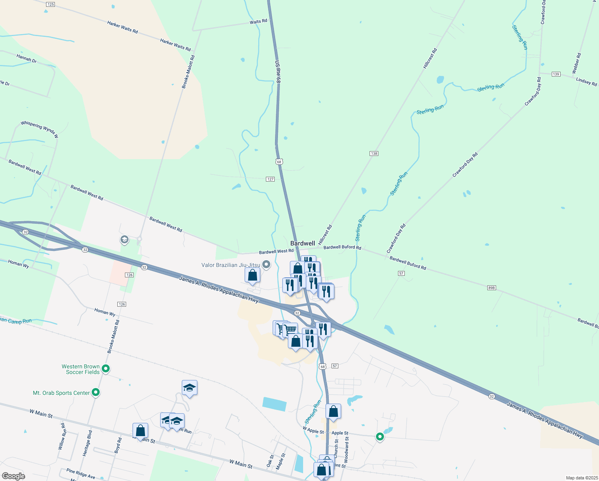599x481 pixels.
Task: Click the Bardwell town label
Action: click(x=302, y=243)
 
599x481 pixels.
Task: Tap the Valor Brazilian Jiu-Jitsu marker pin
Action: click(x=266, y=265)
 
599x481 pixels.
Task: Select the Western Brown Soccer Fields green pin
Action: click(x=106, y=369)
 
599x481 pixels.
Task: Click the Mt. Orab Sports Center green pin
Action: click(x=96, y=392)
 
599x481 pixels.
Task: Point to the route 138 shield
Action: click(x=374, y=154)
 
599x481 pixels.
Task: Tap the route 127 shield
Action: click(x=270, y=179)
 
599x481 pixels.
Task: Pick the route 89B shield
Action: click(x=492, y=288)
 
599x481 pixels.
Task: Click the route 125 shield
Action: click(x=50, y=4)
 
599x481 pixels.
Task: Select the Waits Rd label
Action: click(x=258, y=22)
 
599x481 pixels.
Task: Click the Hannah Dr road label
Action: click(x=26, y=59)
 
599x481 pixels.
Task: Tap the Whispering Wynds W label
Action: click(x=39, y=129)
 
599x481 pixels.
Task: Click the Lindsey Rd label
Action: click(x=586, y=81)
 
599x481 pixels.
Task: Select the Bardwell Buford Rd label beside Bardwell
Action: click(x=342, y=247)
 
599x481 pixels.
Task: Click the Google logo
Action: click(x=14, y=476)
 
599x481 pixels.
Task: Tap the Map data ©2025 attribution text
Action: click(x=581, y=478)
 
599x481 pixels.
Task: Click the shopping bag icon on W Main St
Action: click(x=141, y=430)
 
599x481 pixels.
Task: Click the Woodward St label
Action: click(x=347, y=449)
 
